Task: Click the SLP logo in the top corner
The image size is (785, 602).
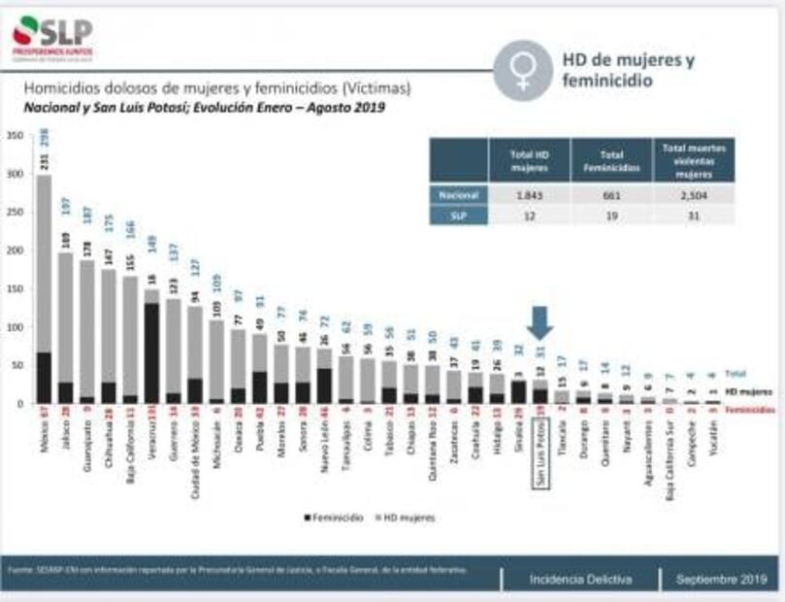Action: (x=53, y=36)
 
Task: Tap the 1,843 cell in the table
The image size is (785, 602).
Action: (x=531, y=193)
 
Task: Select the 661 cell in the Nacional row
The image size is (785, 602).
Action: (x=611, y=193)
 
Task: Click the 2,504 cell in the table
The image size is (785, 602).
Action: (x=694, y=193)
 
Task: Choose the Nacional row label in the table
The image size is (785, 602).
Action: (x=458, y=193)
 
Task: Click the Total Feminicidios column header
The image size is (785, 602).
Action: (x=611, y=160)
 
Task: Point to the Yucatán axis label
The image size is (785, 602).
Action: (x=713, y=447)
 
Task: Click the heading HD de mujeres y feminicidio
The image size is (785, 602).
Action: (x=629, y=70)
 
